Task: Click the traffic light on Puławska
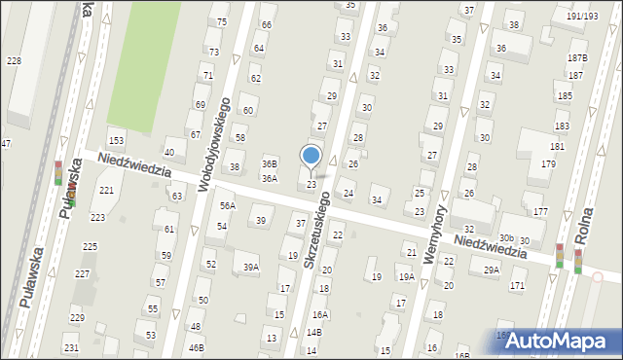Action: (x=58, y=173)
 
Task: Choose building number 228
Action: (x=14, y=61)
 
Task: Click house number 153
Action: (x=116, y=142)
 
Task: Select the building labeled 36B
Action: (x=270, y=164)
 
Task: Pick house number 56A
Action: (x=227, y=206)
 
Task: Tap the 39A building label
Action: (x=251, y=267)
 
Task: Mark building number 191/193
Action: (x=582, y=17)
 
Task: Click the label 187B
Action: (x=577, y=58)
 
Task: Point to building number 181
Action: (x=557, y=146)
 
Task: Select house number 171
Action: (x=517, y=285)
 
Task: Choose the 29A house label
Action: (x=492, y=270)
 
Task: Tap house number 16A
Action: (x=320, y=315)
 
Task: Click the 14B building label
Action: (x=313, y=332)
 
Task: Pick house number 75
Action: (x=222, y=21)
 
